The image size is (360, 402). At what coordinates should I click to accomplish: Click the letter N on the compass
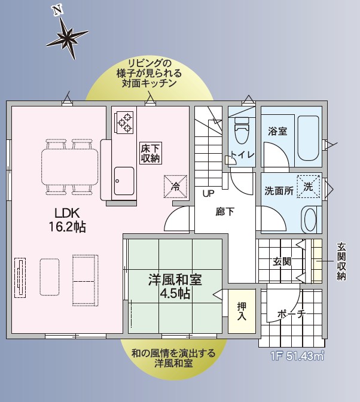tap(57, 10)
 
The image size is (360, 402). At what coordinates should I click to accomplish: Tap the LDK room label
tap(67, 214)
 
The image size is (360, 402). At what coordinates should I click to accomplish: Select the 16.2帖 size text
tap(67, 227)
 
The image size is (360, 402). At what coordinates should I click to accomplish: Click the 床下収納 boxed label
tap(151, 153)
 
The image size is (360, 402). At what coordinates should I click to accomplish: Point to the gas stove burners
tap(124, 123)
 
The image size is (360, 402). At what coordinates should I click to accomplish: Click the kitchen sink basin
tap(124, 181)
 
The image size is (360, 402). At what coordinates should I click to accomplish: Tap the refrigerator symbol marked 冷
tap(176, 187)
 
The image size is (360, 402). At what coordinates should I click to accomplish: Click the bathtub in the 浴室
tap(308, 138)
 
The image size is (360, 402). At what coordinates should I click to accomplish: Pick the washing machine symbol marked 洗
tap(309, 187)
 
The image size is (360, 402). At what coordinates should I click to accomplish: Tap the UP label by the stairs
tap(208, 194)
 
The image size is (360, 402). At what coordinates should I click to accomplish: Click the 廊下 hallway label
tap(225, 212)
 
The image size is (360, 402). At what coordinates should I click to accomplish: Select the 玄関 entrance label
tap(282, 261)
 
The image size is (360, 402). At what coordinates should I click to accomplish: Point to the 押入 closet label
tap(242, 311)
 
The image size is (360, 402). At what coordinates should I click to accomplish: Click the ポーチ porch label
tap(292, 314)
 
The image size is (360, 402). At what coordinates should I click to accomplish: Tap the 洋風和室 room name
tap(175, 280)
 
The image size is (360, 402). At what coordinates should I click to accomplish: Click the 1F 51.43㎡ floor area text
tap(297, 357)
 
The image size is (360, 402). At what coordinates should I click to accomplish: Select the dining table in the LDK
tap(70, 167)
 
